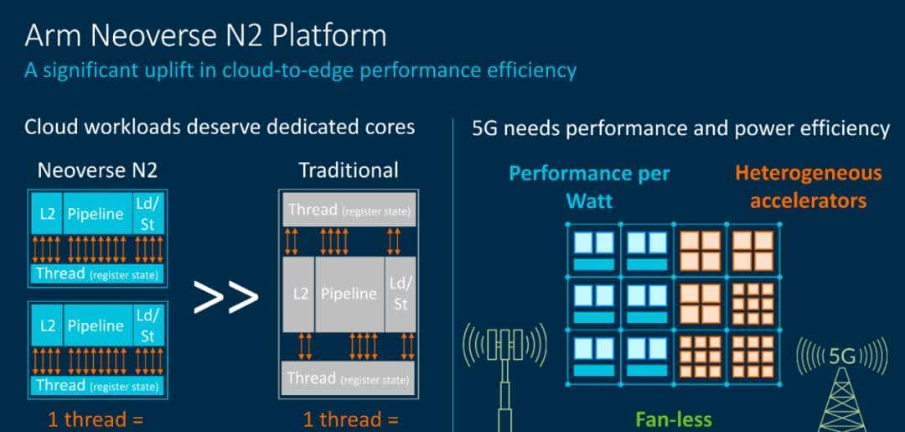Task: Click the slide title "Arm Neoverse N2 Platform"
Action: [205, 35]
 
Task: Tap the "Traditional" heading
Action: [349, 171]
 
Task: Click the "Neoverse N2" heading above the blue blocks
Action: [97, 171]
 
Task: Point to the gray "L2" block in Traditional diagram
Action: [299, 294]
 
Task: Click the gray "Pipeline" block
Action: [349, 294]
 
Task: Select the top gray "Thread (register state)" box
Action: [349, 210]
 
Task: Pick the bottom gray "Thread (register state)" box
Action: [349, 377]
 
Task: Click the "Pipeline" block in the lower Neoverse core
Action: [95, 325]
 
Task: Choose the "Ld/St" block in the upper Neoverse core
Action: [147, 213]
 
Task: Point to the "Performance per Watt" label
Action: [589, 186]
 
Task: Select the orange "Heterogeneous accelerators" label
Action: [808, 186]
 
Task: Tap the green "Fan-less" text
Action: [674, 419]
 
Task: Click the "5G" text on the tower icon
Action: [840, 356]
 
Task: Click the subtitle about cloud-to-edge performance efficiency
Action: [300, 70]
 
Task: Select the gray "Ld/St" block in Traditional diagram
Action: [401, 294]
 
